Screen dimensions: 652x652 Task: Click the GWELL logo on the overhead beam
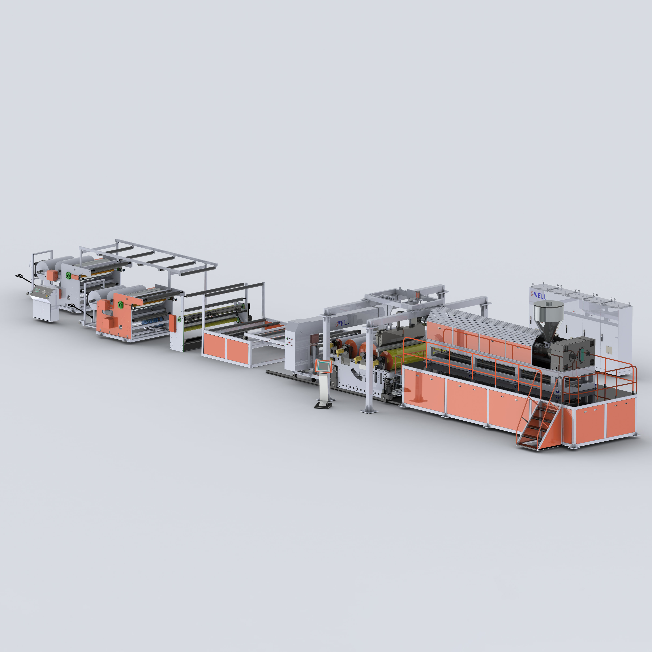pyautogui.click(x=342, y=323)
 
